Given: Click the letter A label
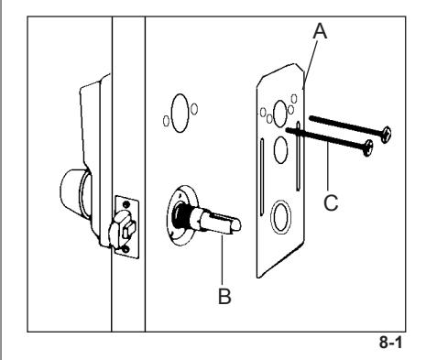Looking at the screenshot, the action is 320,31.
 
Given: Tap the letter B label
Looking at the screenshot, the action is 224,296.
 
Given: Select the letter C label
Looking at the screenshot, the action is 331,202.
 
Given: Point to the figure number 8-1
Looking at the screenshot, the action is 391,342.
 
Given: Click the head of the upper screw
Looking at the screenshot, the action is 387,135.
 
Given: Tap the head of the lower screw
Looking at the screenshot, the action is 369,148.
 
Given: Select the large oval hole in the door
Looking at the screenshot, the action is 180,113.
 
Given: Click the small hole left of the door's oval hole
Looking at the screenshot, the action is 166,121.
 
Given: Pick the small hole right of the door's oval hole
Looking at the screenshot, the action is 194,109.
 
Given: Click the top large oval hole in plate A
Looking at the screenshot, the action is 280,114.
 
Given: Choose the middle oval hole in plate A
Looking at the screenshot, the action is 280,149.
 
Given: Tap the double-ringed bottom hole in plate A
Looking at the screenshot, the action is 280,217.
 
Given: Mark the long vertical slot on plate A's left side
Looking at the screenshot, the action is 262,177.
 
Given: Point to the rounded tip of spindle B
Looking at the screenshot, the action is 236,225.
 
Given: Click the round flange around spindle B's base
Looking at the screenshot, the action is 182,214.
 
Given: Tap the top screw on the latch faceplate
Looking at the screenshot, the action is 126,203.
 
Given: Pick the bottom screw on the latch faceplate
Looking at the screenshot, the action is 126,250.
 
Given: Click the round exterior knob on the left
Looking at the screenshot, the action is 75,193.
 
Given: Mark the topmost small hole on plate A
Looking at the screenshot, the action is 294,99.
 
